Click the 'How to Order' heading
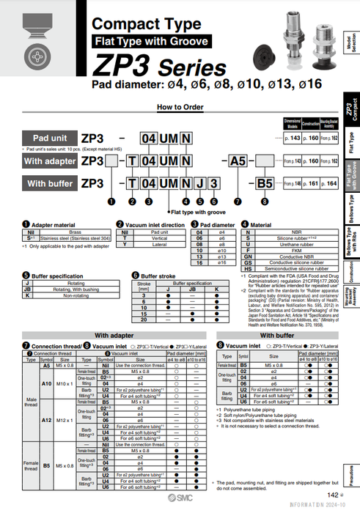click(180, 107)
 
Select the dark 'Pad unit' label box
click(50, 137)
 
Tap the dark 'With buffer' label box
click(50, 183)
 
